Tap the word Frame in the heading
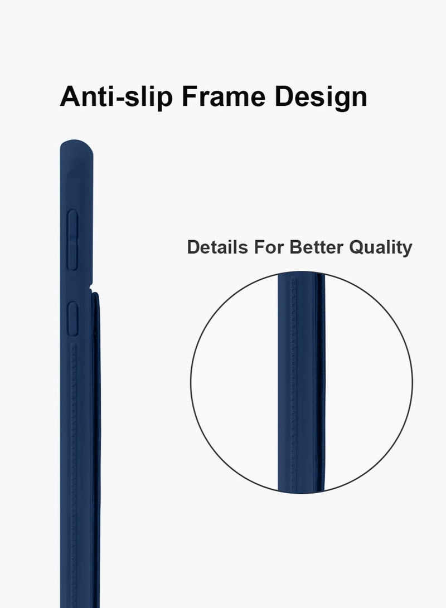coord(224,96)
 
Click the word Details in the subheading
coord(217,247)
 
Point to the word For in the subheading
coord(269,247)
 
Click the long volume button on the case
coord(72,240)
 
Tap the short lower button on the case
coord(72,318)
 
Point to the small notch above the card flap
coord(91,288)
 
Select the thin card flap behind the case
coord(96,450)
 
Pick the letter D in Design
coord(285,96)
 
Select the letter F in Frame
coord(191,96)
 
